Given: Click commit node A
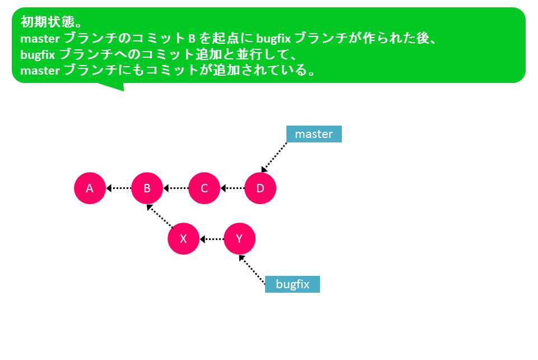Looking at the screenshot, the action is [90, 188].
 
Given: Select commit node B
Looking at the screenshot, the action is [147, 188].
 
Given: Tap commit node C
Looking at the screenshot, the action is [204, 188].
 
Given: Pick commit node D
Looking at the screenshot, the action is [261, 188].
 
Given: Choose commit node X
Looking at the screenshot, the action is [184, 238].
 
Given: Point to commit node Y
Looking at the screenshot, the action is [239, 238].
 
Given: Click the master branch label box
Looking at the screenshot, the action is [314, 134].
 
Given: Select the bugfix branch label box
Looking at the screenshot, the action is [293, 284].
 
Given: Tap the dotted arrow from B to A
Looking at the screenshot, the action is [119, 188].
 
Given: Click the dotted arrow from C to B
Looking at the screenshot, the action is [175, 188].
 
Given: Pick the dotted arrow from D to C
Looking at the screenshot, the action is [233, 188].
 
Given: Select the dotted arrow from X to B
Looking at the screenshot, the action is [160, 216].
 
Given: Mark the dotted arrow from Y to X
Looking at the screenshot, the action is [212, 239].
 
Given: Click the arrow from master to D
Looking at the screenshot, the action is [274, 157].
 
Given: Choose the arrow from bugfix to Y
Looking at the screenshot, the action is [252, 270].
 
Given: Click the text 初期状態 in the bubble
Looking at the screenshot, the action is [48, 22].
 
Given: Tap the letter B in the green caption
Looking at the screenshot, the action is [192, 39].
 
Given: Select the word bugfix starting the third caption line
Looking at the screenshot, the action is [38, 54].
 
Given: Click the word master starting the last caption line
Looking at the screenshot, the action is [40, 70].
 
